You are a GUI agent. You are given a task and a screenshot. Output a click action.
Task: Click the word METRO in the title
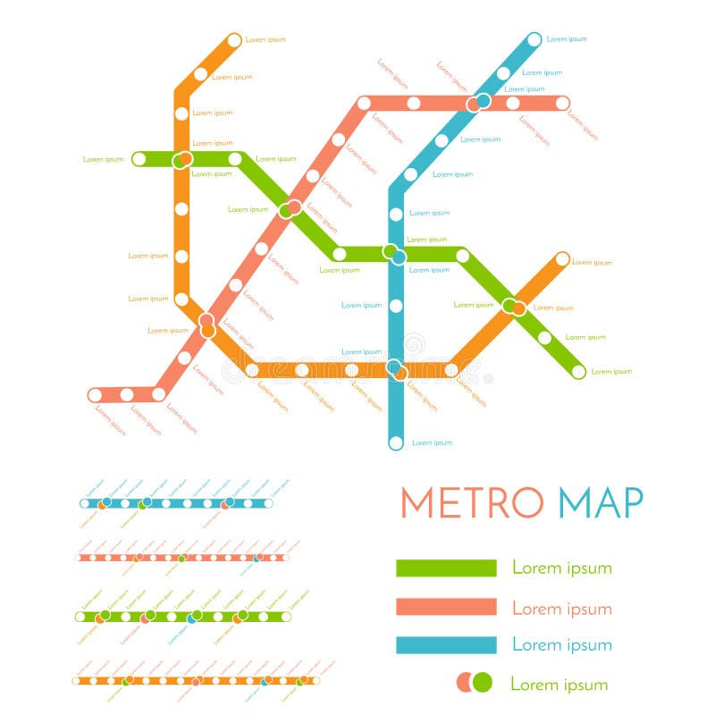point(471,502)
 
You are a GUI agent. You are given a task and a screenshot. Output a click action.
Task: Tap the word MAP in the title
point(601,502)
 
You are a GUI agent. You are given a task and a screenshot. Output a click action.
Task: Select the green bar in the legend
point(446,568)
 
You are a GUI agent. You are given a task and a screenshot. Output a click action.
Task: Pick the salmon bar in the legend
point(446,607)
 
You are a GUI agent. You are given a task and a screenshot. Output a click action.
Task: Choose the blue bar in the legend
point(446,645)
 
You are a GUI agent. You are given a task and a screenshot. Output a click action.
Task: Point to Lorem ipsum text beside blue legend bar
point(561,645)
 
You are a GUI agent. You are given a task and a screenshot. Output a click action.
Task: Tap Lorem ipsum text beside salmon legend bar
point(561,608)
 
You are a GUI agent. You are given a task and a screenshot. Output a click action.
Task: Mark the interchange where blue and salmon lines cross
point(478,103)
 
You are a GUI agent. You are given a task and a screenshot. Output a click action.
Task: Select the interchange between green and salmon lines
point(290,209)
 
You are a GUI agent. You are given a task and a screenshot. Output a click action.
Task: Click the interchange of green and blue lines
point(394,255)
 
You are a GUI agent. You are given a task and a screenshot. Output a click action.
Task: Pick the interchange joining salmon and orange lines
point(206,324)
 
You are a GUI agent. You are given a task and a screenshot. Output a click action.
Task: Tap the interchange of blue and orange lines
point(396,369)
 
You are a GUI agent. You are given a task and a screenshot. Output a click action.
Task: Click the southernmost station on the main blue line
point(396,442)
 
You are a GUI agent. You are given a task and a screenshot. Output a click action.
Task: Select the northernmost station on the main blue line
point(534,39)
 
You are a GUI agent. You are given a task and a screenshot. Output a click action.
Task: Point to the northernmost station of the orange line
point(234,39)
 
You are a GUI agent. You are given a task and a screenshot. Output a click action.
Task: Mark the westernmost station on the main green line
point(139,159)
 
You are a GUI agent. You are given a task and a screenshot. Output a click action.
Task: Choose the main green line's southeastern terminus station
point(578,371)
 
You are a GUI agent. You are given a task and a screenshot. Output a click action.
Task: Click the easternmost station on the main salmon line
point(562,103)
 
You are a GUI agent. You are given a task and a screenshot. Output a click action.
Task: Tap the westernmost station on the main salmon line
point(96,394)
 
